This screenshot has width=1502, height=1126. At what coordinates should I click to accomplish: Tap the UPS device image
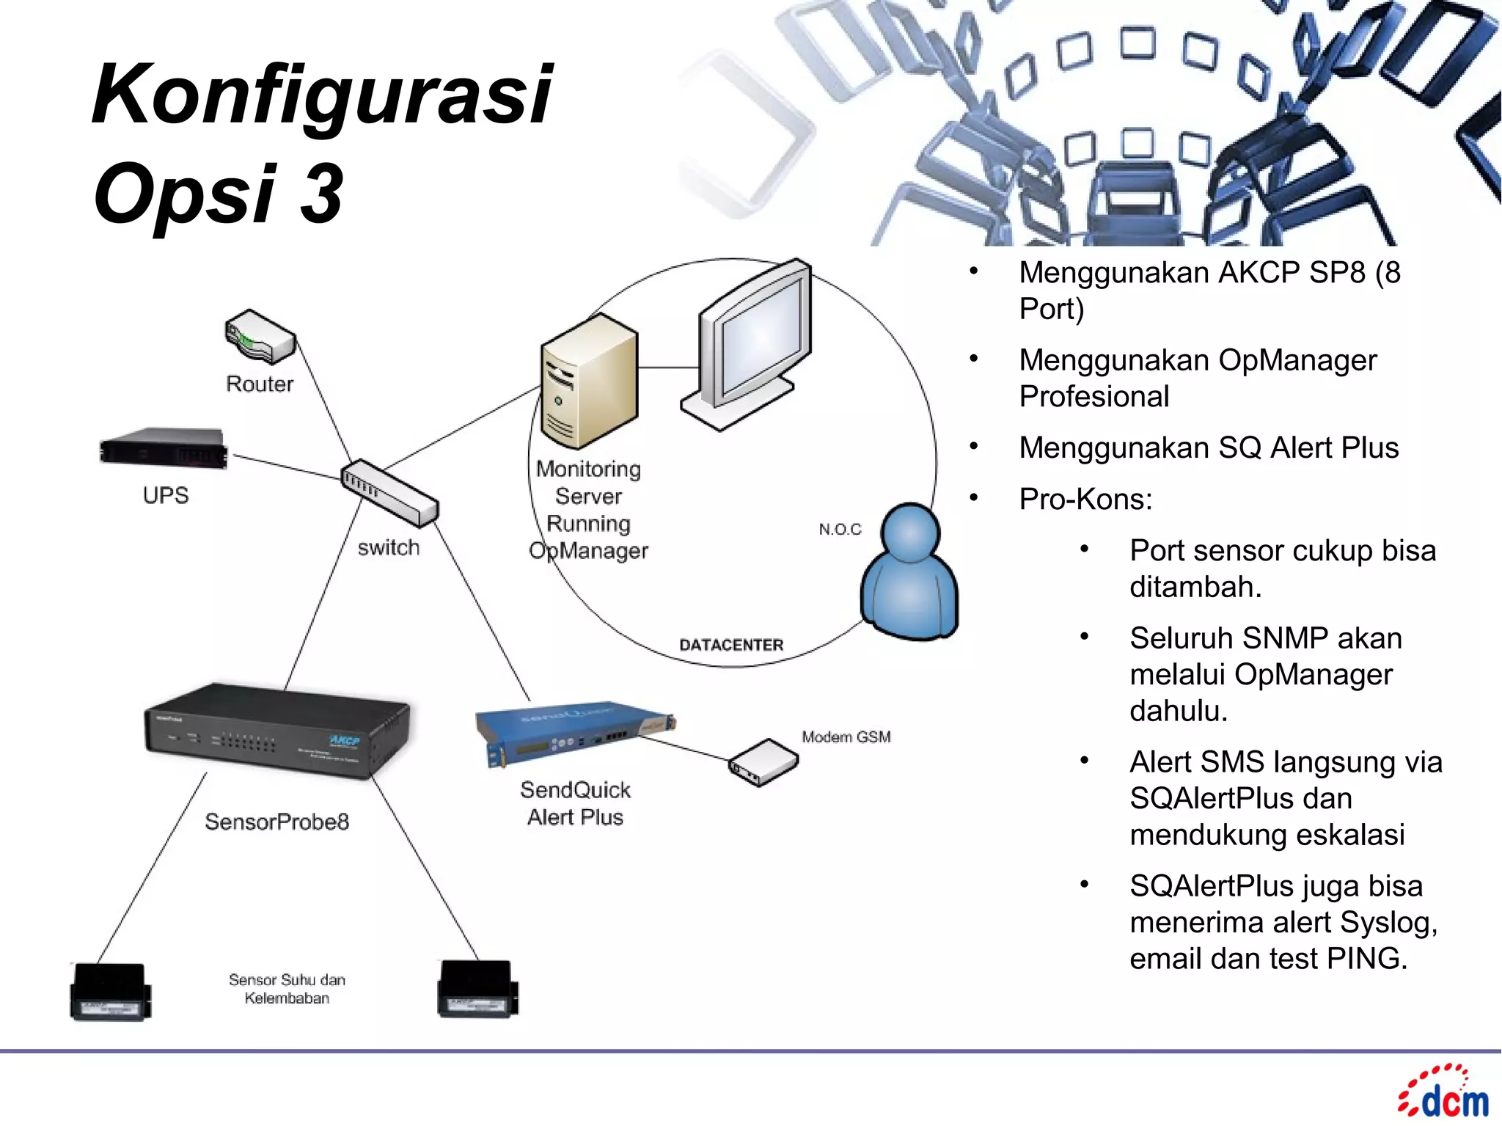[164, 447]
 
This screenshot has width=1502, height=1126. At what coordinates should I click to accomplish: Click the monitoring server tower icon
[588, 381]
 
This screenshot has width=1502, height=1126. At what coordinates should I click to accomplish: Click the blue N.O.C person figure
[909, 572]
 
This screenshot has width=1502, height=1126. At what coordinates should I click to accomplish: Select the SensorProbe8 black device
[277, 730]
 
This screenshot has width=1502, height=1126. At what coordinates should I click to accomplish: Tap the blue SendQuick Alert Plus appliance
[572, 734]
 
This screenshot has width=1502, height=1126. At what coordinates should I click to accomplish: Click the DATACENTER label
[731, 645]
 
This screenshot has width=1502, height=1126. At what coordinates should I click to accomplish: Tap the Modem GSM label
[846, 736]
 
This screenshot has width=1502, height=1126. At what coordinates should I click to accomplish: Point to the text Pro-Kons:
[1085, 500]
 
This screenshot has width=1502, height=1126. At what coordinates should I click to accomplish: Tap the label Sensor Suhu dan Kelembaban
[287, 989]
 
